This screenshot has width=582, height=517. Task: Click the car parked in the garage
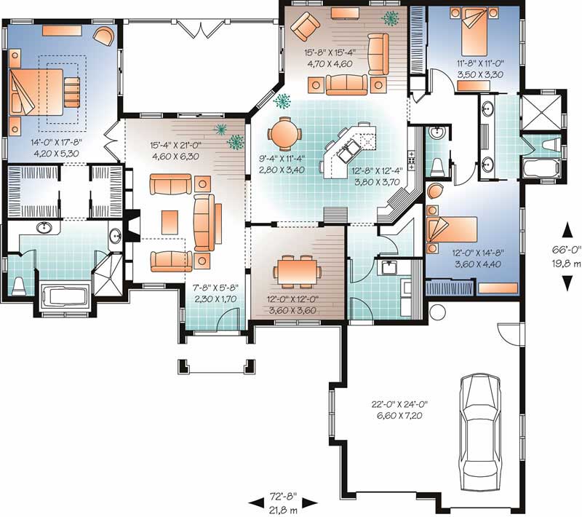coord(479,432)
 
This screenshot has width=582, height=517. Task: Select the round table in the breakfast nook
coord(284,133)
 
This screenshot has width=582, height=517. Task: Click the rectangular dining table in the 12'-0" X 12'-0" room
coord(295,272)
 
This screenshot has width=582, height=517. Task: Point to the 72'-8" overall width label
coord(283,495)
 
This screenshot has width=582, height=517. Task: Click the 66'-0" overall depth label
coord(567,250)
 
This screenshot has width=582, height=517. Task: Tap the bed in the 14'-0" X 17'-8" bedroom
coord(37,92)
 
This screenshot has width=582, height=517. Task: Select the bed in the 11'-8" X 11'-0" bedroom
coord(474,32)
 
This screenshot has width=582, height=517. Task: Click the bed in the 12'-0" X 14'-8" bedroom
coord(452,229)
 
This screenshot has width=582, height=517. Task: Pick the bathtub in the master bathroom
coord(64,299)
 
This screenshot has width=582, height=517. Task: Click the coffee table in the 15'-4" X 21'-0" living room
coord(170,222)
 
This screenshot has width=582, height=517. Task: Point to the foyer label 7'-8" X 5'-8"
coord(215,288)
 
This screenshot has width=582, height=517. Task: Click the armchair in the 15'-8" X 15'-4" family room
coord(305,25)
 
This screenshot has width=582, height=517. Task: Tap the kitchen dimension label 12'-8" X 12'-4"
coord(377,171)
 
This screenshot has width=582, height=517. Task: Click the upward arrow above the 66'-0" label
coord(567,230)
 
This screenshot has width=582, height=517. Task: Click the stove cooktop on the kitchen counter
coord(411,160)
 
